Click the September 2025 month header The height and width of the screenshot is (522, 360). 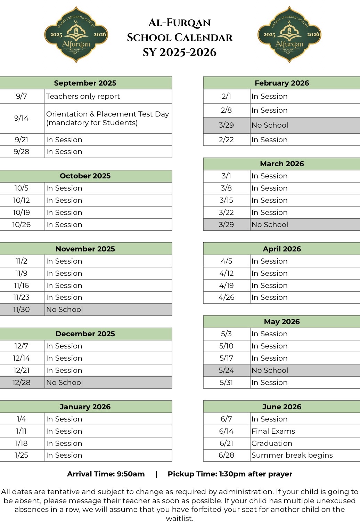tap(85, 83)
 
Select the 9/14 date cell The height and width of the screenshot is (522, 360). tap(22, 118)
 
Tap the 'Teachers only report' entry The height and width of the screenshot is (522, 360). tap(83, 96)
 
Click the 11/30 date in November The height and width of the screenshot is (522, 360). tap(22, 310)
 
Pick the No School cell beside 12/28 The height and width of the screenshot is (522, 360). tap(65, 383)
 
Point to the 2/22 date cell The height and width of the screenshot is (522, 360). tap(226, 140)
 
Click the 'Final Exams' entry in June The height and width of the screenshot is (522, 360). tap(273, 431)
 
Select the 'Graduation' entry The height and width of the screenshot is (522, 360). tap(272, 443)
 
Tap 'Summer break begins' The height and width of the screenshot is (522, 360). tap(292, 455)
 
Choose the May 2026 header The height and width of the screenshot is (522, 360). tap(282, 322)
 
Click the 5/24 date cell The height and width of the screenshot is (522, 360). tap(226, 370)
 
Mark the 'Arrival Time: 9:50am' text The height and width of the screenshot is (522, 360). tap(106, 474)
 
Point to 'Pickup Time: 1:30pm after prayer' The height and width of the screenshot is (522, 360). tap(230, 474)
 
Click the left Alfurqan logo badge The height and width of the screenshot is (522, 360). tap(76, 34)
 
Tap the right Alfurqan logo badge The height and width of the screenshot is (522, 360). tap(289, 34)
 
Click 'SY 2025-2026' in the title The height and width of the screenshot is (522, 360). tap(180, 53)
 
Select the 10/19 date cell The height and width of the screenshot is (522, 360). tap(22, 212)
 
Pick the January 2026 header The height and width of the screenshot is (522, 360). tap(85, 407)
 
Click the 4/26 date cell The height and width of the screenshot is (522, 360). tap(226, 297)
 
